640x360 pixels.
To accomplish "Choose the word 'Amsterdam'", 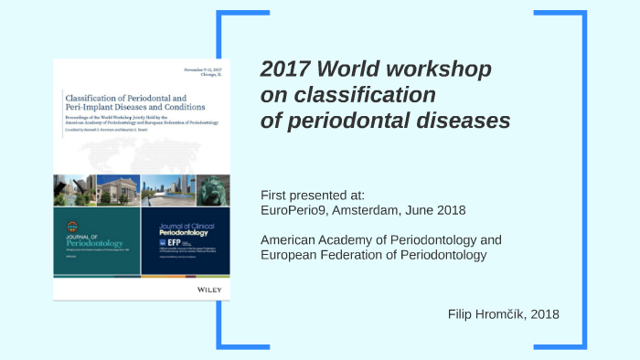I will coord(373,210).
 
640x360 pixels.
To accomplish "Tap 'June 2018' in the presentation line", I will coord(436,210).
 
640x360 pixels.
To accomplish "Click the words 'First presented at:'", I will coord(313,196).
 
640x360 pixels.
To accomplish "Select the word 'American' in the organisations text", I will coord(290,240).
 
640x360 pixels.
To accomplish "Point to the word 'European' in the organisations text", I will coord(290,254).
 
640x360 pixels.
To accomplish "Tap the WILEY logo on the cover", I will coord(210,289).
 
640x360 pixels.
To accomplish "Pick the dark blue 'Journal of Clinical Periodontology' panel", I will coord(186,240).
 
